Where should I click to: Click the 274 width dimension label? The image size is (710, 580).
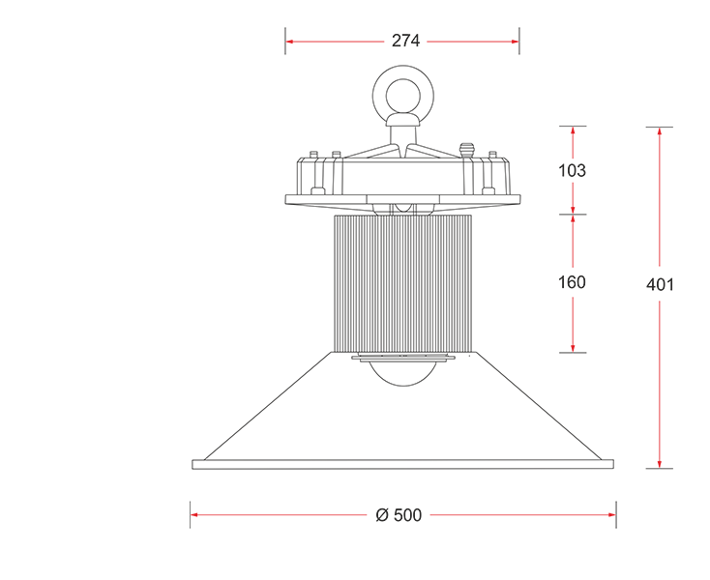click(x=405, y=41)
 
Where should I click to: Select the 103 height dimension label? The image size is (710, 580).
click(x=572, y=170)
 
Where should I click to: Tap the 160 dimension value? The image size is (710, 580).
click(x=572, y=282)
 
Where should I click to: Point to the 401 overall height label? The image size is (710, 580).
click(x=660, y=284)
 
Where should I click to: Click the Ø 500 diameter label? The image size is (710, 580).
click(x=399, y=515)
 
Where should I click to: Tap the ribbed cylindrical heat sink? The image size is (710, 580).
click(x=403, y=283)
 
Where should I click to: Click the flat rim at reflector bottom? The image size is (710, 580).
click(x=403, y=464)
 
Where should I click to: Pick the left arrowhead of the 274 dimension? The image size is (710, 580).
click(x=290, y=42)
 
